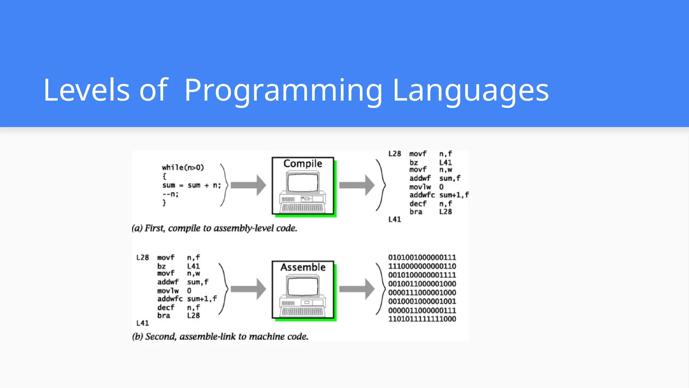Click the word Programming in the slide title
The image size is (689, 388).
click(283, 90)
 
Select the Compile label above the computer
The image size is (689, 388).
click(303, 164)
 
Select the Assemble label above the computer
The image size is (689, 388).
click(303, 267)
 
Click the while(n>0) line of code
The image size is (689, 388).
click(183, 167)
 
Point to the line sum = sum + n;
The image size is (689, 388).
click(191, 185)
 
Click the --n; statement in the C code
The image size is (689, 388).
click(170, 194)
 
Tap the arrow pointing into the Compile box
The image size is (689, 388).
click(248, 185)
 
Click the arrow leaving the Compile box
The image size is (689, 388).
click(357, 185)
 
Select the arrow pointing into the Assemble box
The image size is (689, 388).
click(248, 289)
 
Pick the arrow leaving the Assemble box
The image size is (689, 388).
click(357, 289)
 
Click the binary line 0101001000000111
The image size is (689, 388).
click(422, 258)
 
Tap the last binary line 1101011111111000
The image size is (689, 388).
click(422, 319)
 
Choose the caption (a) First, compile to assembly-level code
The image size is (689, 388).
click(214, 228)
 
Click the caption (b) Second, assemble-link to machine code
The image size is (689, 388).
click(220, 336)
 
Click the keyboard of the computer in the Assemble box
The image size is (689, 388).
click(303, 312)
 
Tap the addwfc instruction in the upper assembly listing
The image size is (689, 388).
click(422, 195)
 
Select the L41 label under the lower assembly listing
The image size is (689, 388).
click(142, 323)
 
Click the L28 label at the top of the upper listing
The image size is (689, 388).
click(394, 154)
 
